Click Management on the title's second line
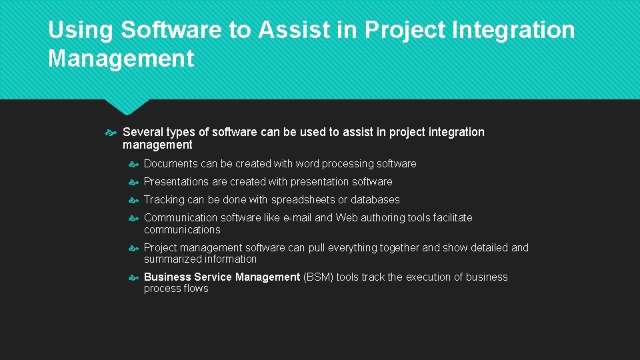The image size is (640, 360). pyautogui.click(x=121, y=59)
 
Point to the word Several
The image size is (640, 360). pyautogui.click(x=142, y=132)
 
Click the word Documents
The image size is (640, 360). pyautogui.click(x=171, y=164)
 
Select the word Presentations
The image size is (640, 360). pyautogui.click(x=176, y=182)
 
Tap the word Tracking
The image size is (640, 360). pyautogui.click(x=164, y=200)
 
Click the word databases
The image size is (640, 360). pyautogui.click(x=375, y=200)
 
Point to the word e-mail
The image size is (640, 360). pyautogui.click(x=297, y=218)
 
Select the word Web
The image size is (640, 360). pyautogui.click(x=347, y=218)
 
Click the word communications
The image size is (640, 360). pyautogui.click(x=182, y=230)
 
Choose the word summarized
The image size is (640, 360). pyautogui.click(x=172, y=259)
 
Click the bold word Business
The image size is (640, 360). pyautogui.click(x=167, y=277)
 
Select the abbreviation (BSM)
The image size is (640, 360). pyautogui.click(x=318, y=277)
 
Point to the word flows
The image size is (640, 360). pyautogui.click(x=195, y=289)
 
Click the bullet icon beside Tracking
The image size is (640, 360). pyautogui.click(x=133, y=200)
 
